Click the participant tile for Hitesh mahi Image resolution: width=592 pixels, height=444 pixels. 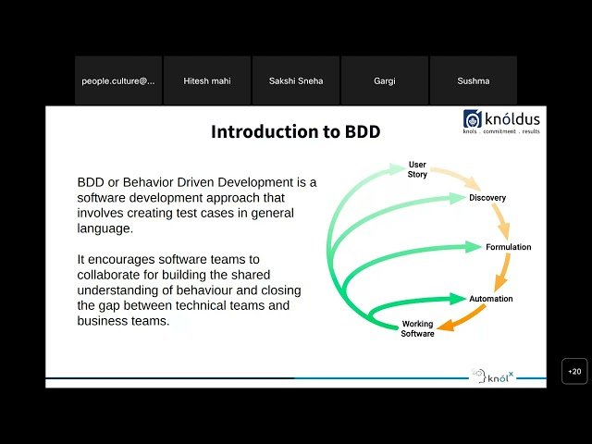(207, 80)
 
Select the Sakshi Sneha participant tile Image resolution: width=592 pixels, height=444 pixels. (296, 80)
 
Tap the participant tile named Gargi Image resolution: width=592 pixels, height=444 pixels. (385, 80)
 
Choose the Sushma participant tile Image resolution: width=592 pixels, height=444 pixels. (474, 80)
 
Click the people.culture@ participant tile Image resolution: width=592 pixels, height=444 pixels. (118, 80)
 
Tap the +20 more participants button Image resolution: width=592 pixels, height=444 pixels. (574, 371)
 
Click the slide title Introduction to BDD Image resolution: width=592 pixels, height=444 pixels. (295, 131)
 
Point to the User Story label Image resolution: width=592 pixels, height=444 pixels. (417, 169)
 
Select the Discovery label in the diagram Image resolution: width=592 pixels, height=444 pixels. (487, 198)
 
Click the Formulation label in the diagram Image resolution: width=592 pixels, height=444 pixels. (509, 247)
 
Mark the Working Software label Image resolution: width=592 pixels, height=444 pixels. (417, 328)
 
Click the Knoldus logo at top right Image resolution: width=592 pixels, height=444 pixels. (503, 121)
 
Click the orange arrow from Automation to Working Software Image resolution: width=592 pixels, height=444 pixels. (462, 319)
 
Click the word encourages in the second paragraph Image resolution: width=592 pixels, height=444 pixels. (122, 261)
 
